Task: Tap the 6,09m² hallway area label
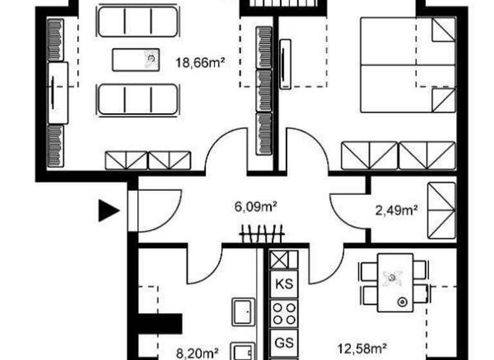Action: pyautogui.click(x=255, y=207)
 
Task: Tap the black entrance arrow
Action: pyautogui.click(x=108, y=210)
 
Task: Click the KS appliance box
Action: pyautogui.click(x=284, y=283)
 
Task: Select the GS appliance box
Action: pyautogui.click(x=284, y=341)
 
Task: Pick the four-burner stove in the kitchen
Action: pyautogui.click(x=284, y=314)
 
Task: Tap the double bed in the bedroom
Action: pyautogui.click(x=407, y=64)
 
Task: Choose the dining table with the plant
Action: pyautogui.click(x=395, y=282)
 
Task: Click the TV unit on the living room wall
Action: pyautogui.click(x=58, y=93)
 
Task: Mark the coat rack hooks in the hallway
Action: pyautogui.click(x=262, y=233)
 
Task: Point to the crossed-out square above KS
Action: pyautogui.click(x=284, y=259)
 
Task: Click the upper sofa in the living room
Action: pyautogui.click(x=137, y=22)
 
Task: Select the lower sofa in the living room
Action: pyautogui.click(x=137, y=98)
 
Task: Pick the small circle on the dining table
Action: pyautogui.click(x=403, y=301)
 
